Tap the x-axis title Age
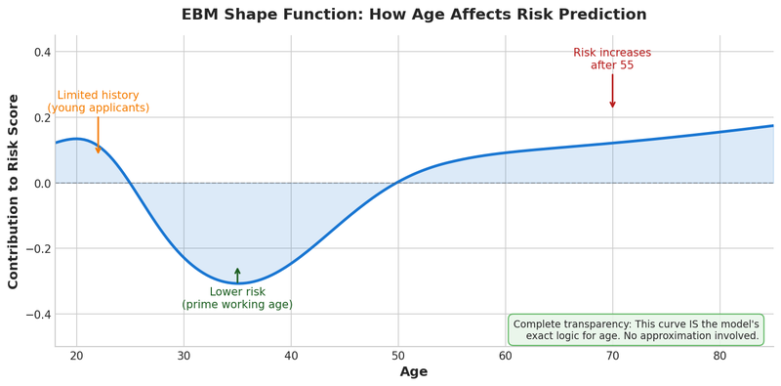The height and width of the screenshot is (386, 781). (x=414, y=372)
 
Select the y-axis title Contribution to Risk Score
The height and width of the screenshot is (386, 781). (x=14, y=192)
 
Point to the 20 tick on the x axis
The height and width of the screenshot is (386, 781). (x=76, y=356)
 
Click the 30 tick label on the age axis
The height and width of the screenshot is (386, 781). (x=184, y=356)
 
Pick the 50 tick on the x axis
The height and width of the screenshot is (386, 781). (x=398, y=356)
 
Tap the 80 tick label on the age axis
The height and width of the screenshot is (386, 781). (x=719, y=356)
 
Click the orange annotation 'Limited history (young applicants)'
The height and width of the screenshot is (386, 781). (x=98, y=102)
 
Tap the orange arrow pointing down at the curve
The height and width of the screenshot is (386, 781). (x=98, y=136)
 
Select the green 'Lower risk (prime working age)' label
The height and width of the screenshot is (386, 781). (x=237, y=298)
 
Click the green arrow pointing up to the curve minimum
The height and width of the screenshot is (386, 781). (x=237, y=275)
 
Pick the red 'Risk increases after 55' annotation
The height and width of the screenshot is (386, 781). (x=612, y=59)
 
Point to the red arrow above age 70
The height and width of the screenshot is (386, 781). (x=612, y=91)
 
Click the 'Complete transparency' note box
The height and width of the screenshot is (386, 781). (x=636, y=329)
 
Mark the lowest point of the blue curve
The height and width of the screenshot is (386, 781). (x=237, y=283)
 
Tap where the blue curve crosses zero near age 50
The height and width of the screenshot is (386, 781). (x=397, y=183)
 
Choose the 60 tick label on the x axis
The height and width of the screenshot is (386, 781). (x=505, y=356)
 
